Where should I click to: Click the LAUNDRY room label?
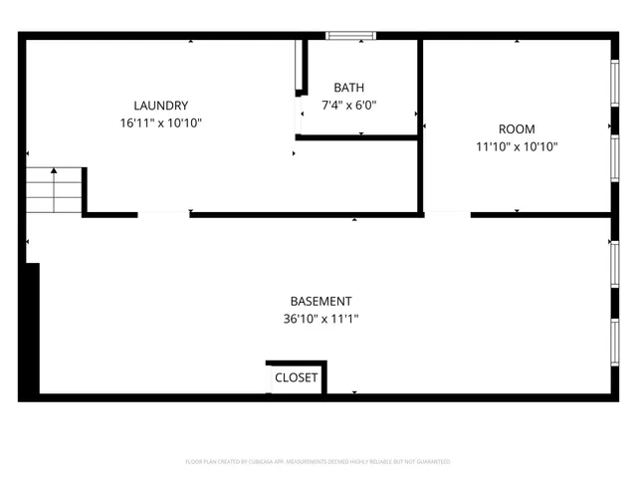tap(161, 106)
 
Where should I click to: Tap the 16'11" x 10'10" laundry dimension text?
tap(161, 122)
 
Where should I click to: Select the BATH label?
tap(348, 88)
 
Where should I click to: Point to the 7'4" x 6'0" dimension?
tap(348, 105)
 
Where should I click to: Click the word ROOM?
tap(517, 129)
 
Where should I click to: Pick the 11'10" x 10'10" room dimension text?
tap(517, 147)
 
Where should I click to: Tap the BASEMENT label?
tap(320, 302)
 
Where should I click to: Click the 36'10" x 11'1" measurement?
tap(320, 320)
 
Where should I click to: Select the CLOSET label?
tap(297, 378)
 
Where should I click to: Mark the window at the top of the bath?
tap(352, 37)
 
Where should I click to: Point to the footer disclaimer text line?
tap(318, 461)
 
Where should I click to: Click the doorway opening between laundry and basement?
tap(163, 213)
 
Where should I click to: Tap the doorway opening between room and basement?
tap(447, 213)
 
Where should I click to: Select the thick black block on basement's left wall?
tap(32, 329)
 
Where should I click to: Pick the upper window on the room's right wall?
tap(614, 90)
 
